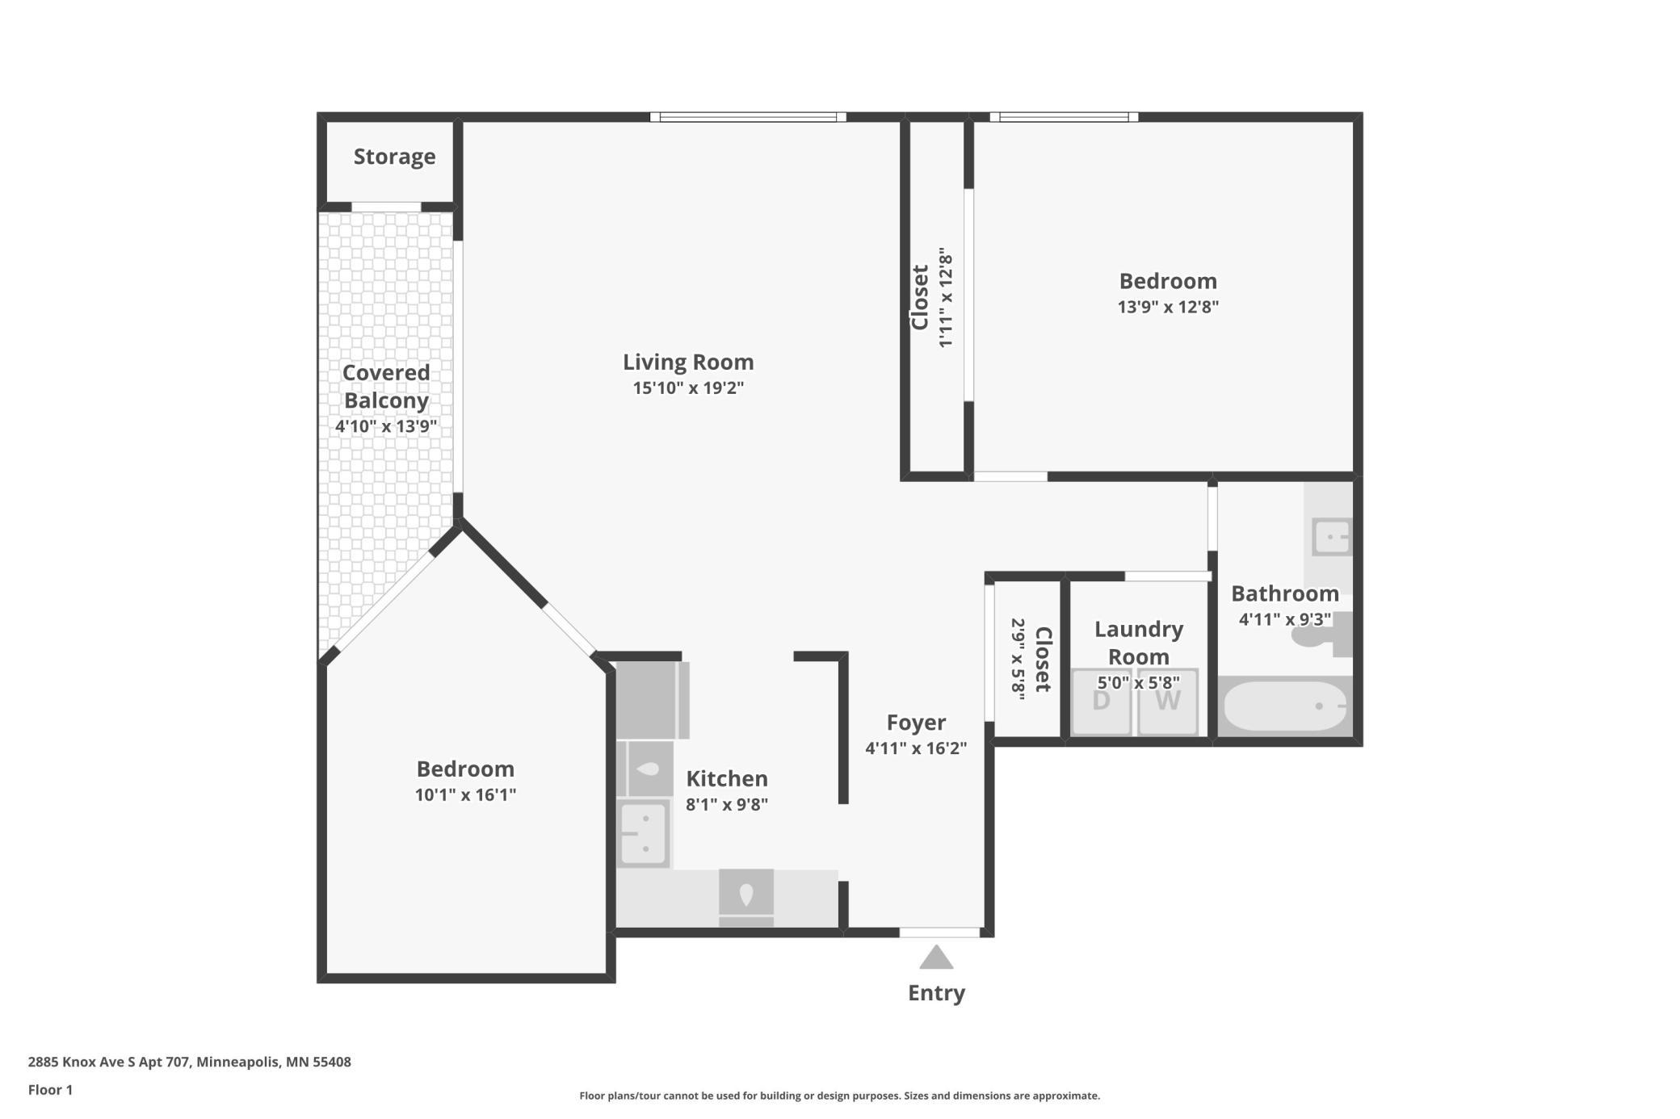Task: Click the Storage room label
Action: click(x=394, y=157)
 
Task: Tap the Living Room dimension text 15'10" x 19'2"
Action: click(x=688, y=388)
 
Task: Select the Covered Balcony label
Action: click(x=386, y=386)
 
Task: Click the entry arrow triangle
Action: click(x=936, y=958)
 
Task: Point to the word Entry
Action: click(x=936, y=993)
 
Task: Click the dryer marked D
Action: click(x=1101, y=702)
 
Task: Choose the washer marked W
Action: click(x=1168, y=702)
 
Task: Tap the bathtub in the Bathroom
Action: click(x=1284, y=706)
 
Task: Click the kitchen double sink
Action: click(x=644, y=832)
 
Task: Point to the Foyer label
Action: click(x=916, y=723)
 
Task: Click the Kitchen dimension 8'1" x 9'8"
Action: click(x=727, y=804)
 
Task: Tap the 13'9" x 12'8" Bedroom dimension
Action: click(x=1168, y=307)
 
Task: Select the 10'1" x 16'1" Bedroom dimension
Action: click(x=465, y=794)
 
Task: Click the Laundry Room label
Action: click(x=1139, y=643)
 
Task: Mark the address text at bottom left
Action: click(x=190, y=1062)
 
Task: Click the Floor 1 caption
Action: click(x=50, y=1090)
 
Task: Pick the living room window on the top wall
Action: click(x=748, y=117)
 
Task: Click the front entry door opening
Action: click(x=940, y=932)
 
